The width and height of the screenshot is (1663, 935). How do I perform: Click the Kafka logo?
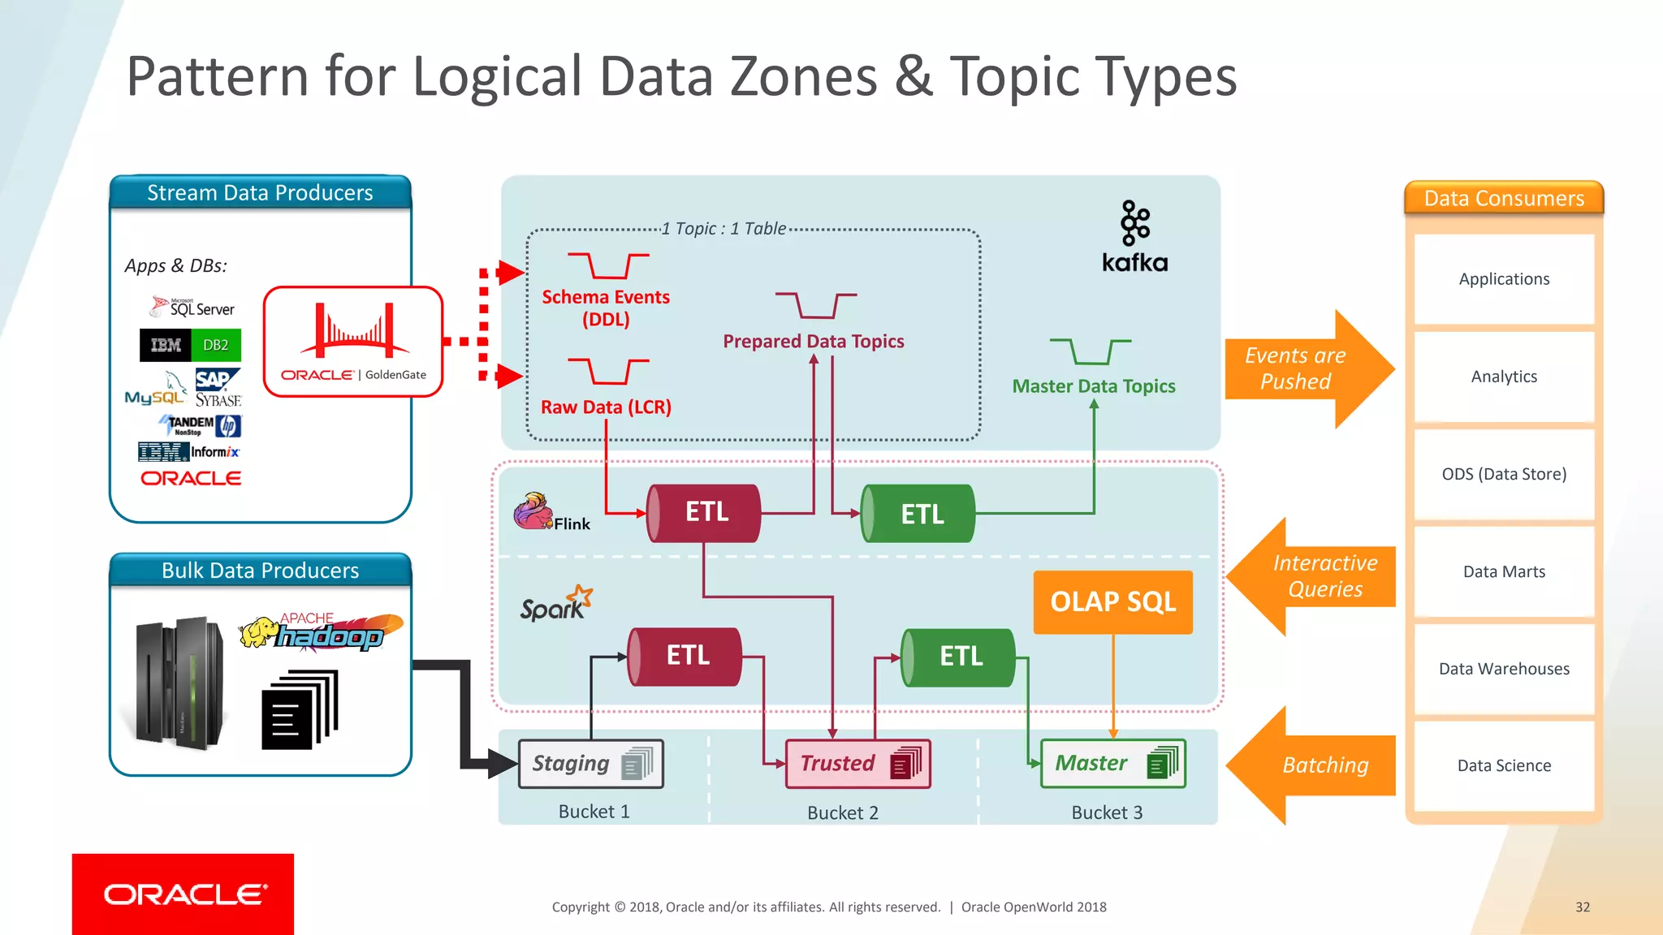[1134, 235]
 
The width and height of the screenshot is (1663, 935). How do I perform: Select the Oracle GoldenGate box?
[353, 342]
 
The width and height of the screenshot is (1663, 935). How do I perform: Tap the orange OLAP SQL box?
[1112, 601]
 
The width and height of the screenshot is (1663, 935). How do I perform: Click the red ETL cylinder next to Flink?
[704, 513]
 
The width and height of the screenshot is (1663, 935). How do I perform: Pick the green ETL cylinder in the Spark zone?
[959, 657]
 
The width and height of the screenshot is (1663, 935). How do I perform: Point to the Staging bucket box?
[591, 764]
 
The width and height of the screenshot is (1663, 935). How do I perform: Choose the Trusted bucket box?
[857, 764]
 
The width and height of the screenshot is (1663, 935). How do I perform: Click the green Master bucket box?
[1112, 764]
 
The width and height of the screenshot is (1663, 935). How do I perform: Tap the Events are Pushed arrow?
[1307, 368]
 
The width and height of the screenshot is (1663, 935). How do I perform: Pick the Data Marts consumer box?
[1504, 571]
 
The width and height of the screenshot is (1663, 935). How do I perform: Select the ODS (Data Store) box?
[1504, 474]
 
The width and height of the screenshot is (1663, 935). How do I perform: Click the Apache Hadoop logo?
[322, 632]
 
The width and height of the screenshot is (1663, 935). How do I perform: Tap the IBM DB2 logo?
[190, 345]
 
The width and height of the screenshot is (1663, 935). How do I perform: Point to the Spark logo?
[556, 604]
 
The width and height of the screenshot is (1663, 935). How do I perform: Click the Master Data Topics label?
[1093, 386]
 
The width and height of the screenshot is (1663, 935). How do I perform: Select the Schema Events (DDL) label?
[606, 308]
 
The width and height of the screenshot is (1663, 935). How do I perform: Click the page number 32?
[1582, 907]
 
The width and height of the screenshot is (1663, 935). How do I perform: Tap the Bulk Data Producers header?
[260, 571]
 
